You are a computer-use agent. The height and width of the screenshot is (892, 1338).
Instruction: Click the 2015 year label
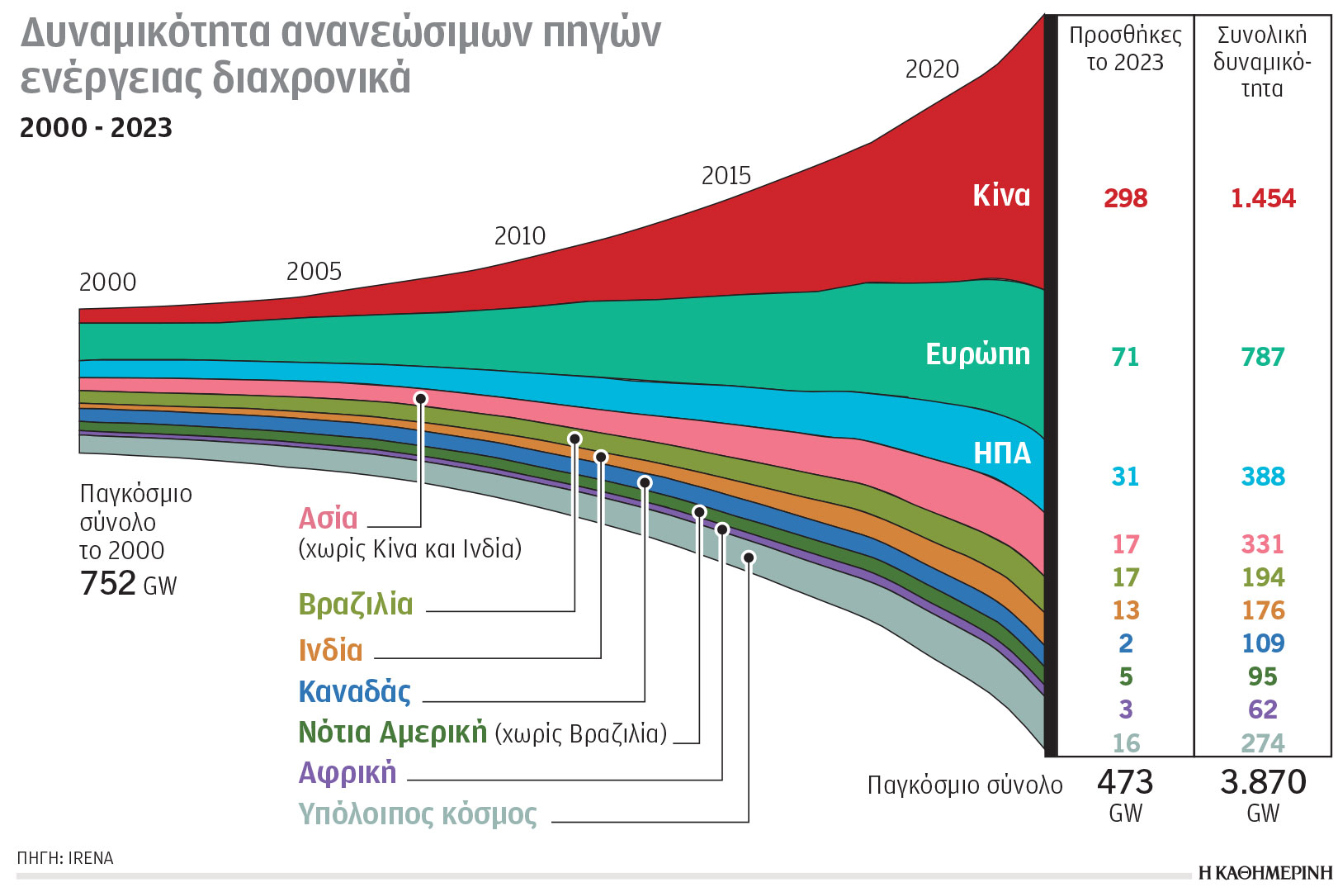(x=726, y=176)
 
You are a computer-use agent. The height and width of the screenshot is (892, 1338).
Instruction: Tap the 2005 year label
(x=314, y=271)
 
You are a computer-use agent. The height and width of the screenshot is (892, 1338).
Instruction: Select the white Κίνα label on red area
(x=1001, y=196)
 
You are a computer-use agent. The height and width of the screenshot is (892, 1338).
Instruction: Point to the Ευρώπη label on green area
(x=977, y=353)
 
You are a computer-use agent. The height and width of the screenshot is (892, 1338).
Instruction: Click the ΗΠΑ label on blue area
(x=1002, y=453)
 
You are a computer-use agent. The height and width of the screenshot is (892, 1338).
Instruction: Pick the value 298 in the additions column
(x=1125, y=198)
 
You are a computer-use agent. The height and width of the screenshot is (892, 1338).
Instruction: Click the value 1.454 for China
(x=1262, y=198)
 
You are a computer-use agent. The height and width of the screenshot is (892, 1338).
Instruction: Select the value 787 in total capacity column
(x=1262, y=357)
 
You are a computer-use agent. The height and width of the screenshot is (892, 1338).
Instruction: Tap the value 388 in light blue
(x=1262, y=477)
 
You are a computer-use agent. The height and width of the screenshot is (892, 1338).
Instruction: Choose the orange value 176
(x=1262, y=610)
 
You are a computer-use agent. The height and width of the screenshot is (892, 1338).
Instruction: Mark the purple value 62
(x=1262, y=709)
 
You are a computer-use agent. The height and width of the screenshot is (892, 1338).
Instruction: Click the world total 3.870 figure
(x=1263, y=782)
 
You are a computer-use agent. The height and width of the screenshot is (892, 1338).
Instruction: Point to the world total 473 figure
(x=1125, y=782)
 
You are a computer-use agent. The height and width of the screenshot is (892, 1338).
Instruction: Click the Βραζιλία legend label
(x=355, y=605)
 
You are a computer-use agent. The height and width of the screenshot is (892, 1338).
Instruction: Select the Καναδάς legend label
(x=354, y=692)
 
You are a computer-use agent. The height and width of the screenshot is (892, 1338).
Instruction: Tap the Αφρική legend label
(x=348, y=773)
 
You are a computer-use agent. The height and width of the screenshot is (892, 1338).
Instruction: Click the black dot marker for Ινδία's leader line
(x=601, y=457)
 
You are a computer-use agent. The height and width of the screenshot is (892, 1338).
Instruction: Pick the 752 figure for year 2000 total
(x=108, y=583)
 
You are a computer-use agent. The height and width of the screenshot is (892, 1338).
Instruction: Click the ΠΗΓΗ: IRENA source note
(x=65, y=858)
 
